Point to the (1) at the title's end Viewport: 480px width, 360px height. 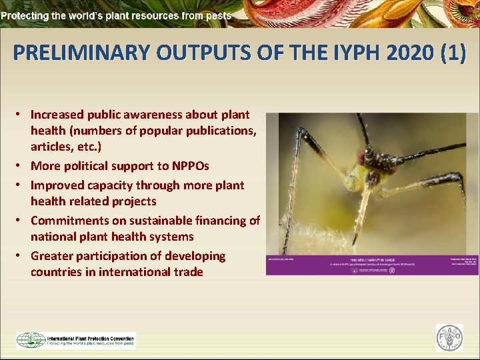(x=451, y=53)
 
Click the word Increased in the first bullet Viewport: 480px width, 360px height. (x=59, y=115)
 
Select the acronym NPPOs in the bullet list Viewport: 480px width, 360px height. (x=189, y=166)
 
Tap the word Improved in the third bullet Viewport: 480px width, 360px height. (x=57, y=185)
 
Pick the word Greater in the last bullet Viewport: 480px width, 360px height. (x=52, y=256)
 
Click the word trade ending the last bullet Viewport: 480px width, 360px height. (x=188, y=272)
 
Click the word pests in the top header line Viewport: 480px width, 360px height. (x=218, y=15)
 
